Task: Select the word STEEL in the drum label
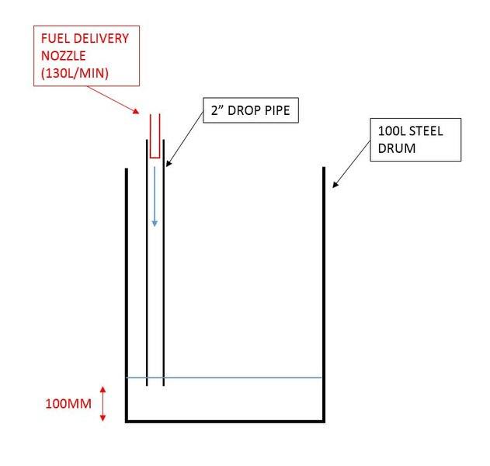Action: tap(427, 131)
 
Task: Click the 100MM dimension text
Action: tap(65, 404)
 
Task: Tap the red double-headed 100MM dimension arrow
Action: tap(102, 404)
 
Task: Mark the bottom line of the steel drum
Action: tap(225, 422)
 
